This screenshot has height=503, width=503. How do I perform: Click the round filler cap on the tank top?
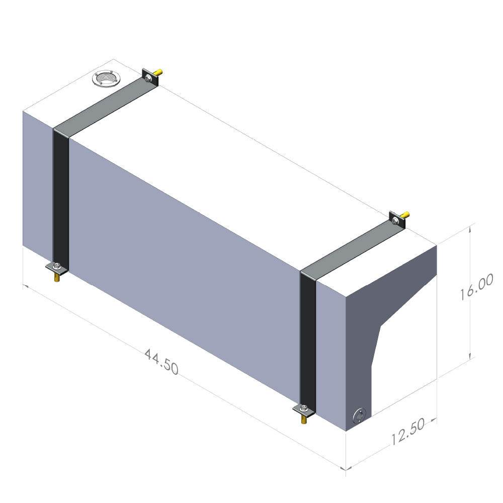pos(105,79)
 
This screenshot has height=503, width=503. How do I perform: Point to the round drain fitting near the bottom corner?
pos(359,416)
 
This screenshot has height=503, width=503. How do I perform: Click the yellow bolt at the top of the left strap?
pos(158,74)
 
